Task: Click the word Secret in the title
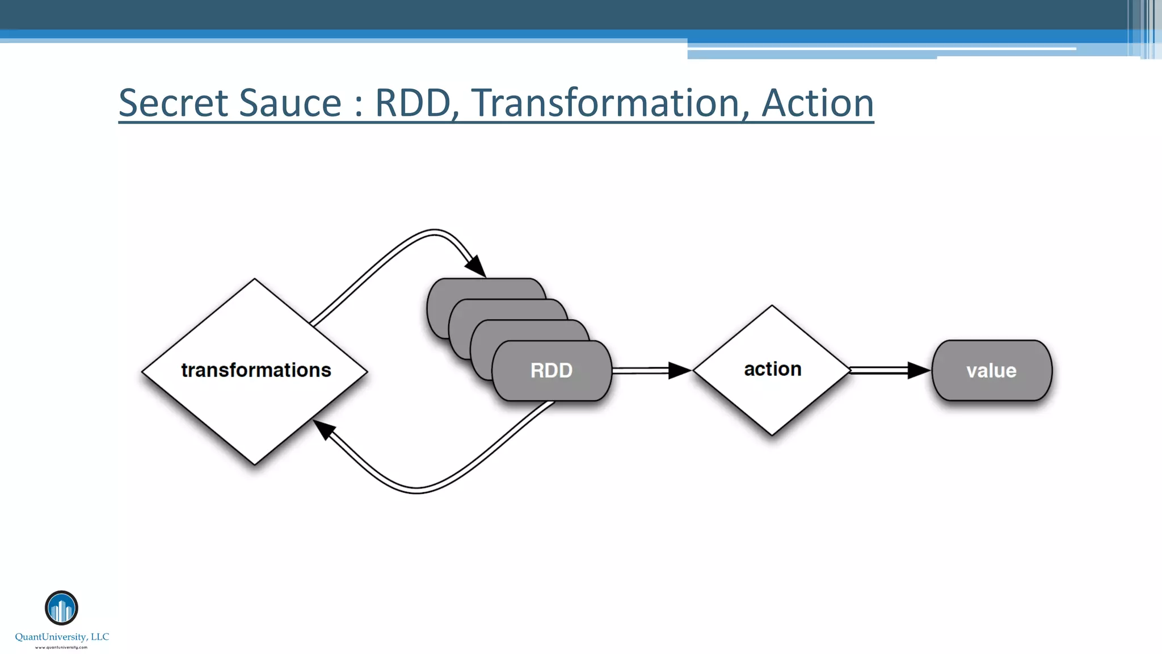(x=174, y=103)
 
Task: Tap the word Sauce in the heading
(x=290, y=103)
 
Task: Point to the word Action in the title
(x=817, y=103)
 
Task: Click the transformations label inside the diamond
(x=256, y=370)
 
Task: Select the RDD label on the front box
(x=551, y=371)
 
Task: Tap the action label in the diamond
(x=772, y=369)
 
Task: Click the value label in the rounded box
(x=991, y=371)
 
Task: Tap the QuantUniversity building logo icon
(x=61, y=607)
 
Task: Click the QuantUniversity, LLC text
(x=62, y=637)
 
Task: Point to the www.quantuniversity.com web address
(x=61, y=647)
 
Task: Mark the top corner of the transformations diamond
(x=255, y=280)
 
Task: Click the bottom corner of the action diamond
(x=772, y=434)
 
